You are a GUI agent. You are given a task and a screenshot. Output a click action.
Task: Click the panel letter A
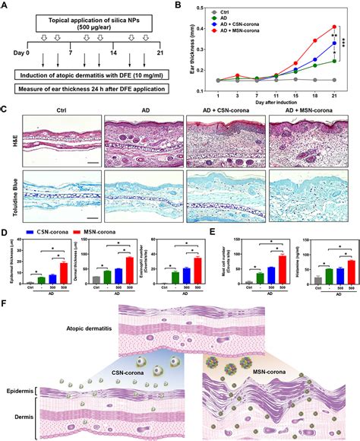pos(5,6)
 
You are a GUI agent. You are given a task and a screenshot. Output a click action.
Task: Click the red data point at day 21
pos(333,27)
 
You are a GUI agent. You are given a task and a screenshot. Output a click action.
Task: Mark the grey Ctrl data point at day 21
pos(333,80)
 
